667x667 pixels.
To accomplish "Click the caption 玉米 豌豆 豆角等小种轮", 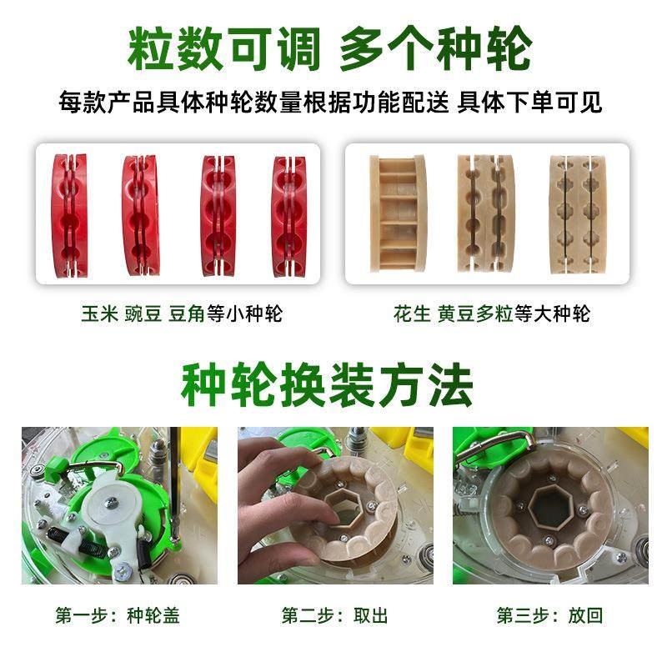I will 182,314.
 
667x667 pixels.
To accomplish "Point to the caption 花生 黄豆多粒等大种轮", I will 491,314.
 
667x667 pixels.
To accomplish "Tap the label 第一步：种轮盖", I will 118,616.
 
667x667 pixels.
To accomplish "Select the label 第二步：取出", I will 334,616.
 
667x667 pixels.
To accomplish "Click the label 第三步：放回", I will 549,616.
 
